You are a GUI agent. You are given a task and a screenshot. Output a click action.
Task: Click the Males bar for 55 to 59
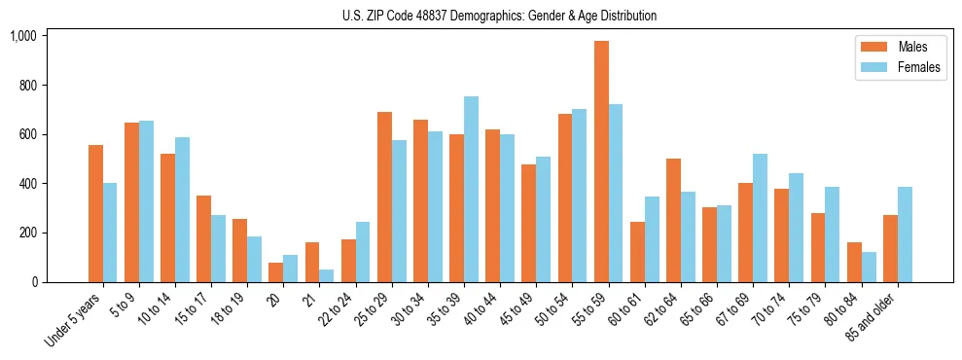(x=601, y=162)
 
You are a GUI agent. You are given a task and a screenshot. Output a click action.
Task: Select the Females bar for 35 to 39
(x=471, y=190)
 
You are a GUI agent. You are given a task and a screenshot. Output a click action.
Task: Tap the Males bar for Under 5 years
(x=95, y=214)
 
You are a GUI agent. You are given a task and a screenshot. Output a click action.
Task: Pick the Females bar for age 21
(x=327, y=275)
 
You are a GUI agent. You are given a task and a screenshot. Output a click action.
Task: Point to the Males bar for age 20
(x=276, y=272)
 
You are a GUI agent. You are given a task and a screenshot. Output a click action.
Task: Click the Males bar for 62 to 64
(x=673, y=220)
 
